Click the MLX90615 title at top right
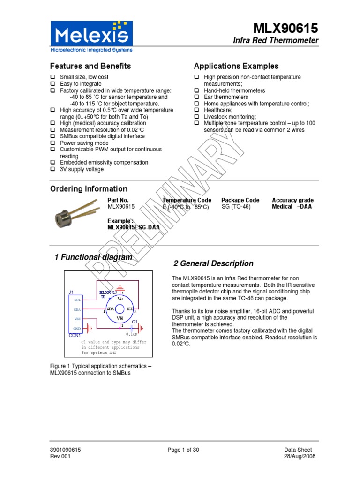click(x=286, y=29)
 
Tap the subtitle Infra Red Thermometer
click(x=276, y=41)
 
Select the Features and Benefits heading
click(x=90, y=66)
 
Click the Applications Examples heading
click(x=236, y=66)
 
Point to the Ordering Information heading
click(x=89, y=189)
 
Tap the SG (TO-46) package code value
click(x=237, y=207)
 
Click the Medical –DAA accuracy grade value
click(x=292, y=207)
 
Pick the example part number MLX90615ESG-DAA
click(x=134, y=227)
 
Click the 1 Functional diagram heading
click(x=93, y=257)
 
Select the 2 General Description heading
click(x=213, y=263)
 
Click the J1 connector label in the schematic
click(x=71, y=292)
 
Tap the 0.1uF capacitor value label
click(x=131, y=335)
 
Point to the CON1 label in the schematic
click(x=75, y=336)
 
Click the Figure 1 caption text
click(x=100, y=369)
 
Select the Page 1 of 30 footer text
click(x=183, y=450)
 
